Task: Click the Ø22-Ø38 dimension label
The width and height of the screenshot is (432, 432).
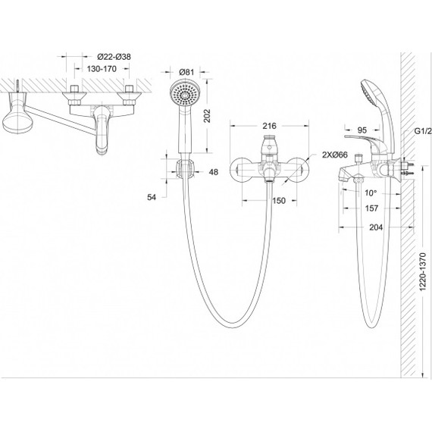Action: coord(114,57)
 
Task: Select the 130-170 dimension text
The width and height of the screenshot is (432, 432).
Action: coord(102,69)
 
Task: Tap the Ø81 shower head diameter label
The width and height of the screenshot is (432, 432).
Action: coord(186,72)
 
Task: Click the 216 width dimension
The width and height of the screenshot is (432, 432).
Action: coord(269,126)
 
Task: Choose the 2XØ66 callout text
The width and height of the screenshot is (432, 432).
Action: coord(335,155)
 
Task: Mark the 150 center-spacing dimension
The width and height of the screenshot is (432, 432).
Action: coord(279,201)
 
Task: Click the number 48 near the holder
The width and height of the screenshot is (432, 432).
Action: coord(214,172)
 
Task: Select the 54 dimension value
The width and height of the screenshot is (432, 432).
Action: coord(152,197)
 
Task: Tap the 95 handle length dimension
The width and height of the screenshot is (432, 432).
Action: coord(362,130)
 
